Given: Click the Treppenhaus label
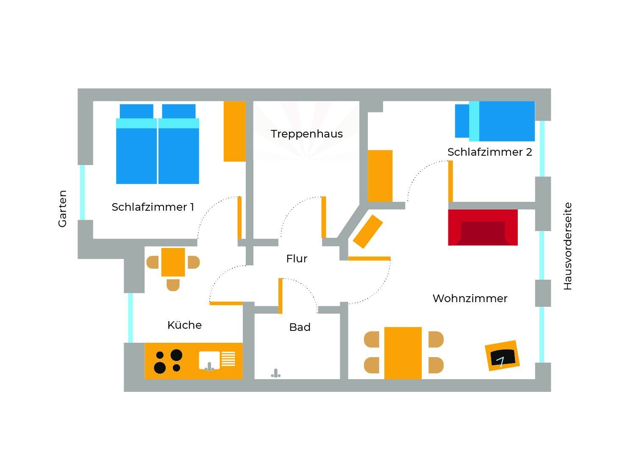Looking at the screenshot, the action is coord(307,134).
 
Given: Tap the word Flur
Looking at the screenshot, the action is coord(297,259).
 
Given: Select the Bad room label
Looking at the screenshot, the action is coord(300,327).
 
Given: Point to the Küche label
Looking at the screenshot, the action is coord(185,325).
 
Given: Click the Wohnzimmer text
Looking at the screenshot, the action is coord(470,298).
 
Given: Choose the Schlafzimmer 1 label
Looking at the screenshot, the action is coord(153,207).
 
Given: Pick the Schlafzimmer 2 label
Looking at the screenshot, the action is coord(489,152).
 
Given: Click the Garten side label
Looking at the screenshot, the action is coord(62,209).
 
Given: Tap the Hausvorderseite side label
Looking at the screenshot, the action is coord(567,246).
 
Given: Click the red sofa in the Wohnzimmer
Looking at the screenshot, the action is coord(483,228).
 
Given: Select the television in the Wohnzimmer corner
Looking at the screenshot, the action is coord(502,356).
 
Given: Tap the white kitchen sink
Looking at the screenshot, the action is coord(209,360).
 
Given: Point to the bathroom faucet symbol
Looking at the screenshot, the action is coord(276,373).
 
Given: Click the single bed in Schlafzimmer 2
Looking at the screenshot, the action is coord(495,121).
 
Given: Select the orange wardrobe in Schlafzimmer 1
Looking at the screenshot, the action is coord(234,131).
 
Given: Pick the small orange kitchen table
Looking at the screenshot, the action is coord(173,262).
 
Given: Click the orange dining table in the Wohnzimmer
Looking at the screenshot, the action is coord(403,353).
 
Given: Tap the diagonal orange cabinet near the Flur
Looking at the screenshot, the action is coord(368,231).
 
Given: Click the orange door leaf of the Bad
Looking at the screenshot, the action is coord(280,296).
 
